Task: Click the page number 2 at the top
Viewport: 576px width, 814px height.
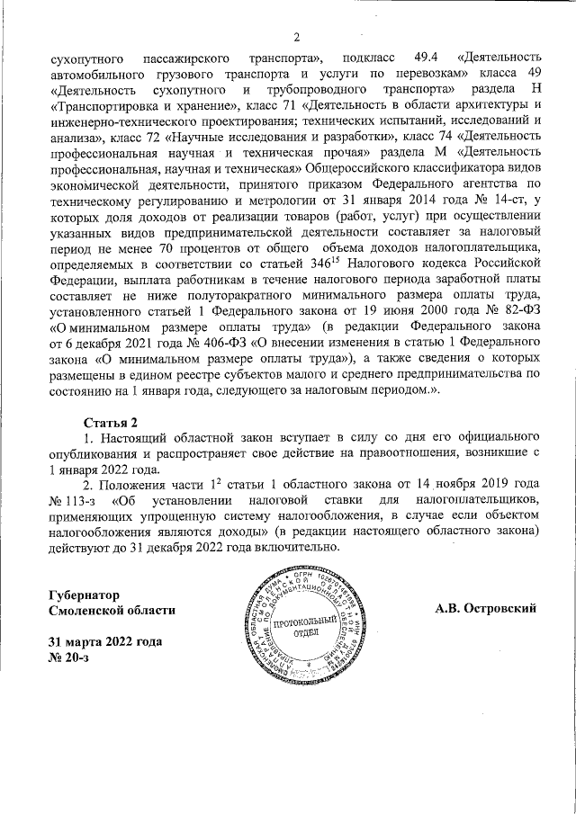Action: tap(295, 37)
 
